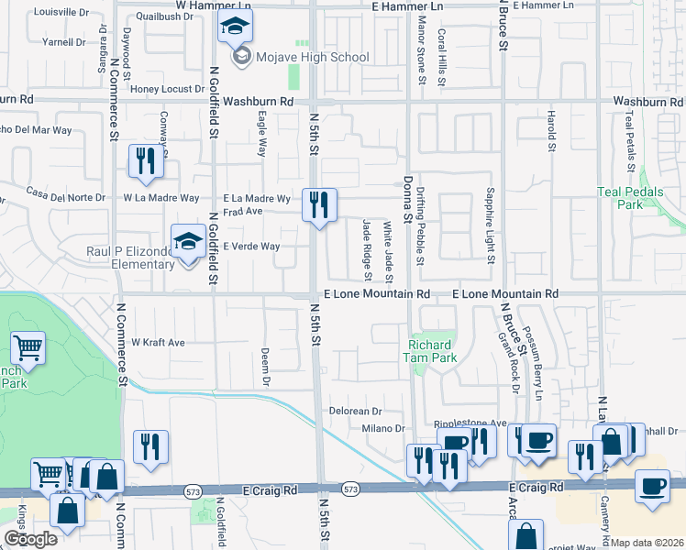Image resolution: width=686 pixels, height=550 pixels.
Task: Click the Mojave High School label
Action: coord(312,57)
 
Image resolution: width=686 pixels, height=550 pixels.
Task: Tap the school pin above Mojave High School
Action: coord(236,29)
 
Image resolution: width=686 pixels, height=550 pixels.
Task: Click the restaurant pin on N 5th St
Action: coord(319,206)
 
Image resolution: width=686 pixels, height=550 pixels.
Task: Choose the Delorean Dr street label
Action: coord(355,412)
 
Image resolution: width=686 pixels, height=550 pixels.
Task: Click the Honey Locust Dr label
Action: coord(166,89)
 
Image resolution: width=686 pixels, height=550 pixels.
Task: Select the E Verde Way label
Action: coord(251,246)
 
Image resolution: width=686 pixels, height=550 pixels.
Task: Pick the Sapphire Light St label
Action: coord(492,225)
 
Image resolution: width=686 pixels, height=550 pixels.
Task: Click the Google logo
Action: coord(30,539)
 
